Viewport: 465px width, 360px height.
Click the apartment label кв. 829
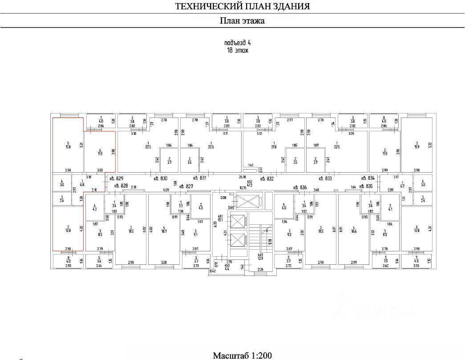116,178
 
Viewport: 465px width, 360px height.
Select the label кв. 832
267,178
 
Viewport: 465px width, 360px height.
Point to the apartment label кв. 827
186,186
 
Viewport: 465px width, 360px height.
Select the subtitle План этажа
242,20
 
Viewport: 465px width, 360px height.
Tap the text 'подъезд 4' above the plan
238,43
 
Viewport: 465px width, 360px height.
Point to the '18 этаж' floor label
238,50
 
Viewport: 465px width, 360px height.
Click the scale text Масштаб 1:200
242,355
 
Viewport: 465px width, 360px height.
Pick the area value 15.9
416,146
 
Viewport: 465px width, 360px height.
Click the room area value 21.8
274,146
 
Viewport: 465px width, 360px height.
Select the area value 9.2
289,232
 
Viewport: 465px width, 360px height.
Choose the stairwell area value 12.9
261,259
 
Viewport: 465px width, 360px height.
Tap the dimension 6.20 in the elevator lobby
215,224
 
